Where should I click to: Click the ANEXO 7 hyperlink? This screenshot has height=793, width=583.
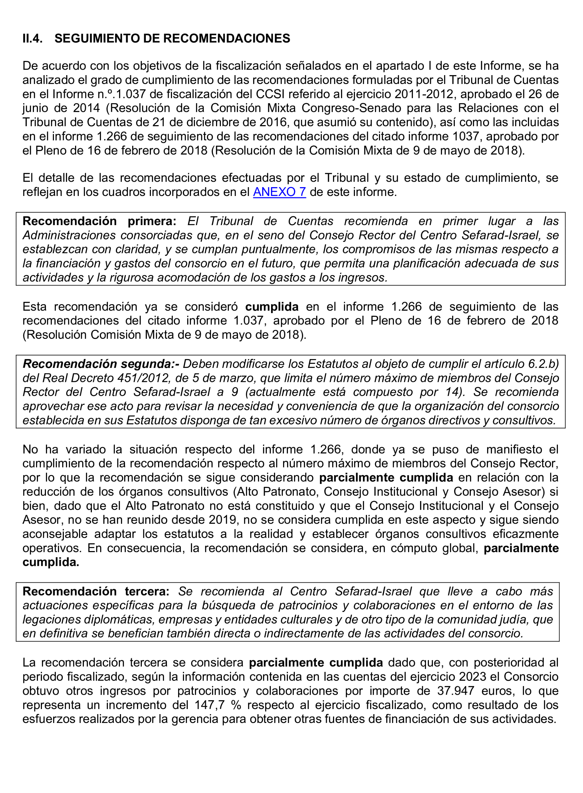click(x=279, y=192)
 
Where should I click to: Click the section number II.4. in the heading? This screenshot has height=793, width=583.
click(x=33, y=39)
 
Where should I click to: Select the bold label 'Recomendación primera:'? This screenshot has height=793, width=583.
click(x=99, y=221)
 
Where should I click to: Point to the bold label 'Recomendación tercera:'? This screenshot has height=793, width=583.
click(x=96, y=591)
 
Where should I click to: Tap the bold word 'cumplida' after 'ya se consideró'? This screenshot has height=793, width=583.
click(x=272, y=307)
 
